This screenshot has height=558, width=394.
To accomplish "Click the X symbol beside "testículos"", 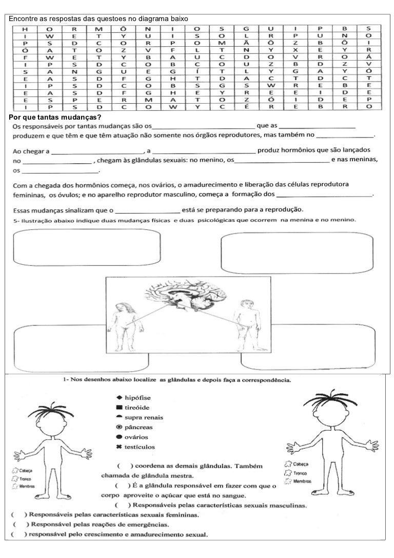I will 119,447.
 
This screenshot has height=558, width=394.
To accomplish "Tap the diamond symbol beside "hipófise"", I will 119,397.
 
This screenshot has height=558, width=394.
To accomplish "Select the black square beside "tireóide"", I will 119,407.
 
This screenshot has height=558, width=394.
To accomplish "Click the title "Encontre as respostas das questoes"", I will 98,19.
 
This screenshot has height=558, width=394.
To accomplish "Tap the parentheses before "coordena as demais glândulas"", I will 125,467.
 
